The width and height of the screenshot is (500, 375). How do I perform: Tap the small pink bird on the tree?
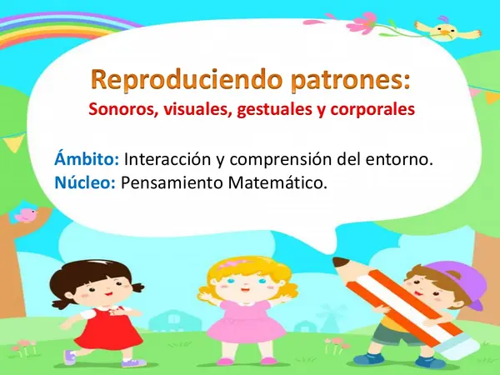pos(27,216)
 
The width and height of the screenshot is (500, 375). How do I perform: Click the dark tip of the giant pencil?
pos(342,264)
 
